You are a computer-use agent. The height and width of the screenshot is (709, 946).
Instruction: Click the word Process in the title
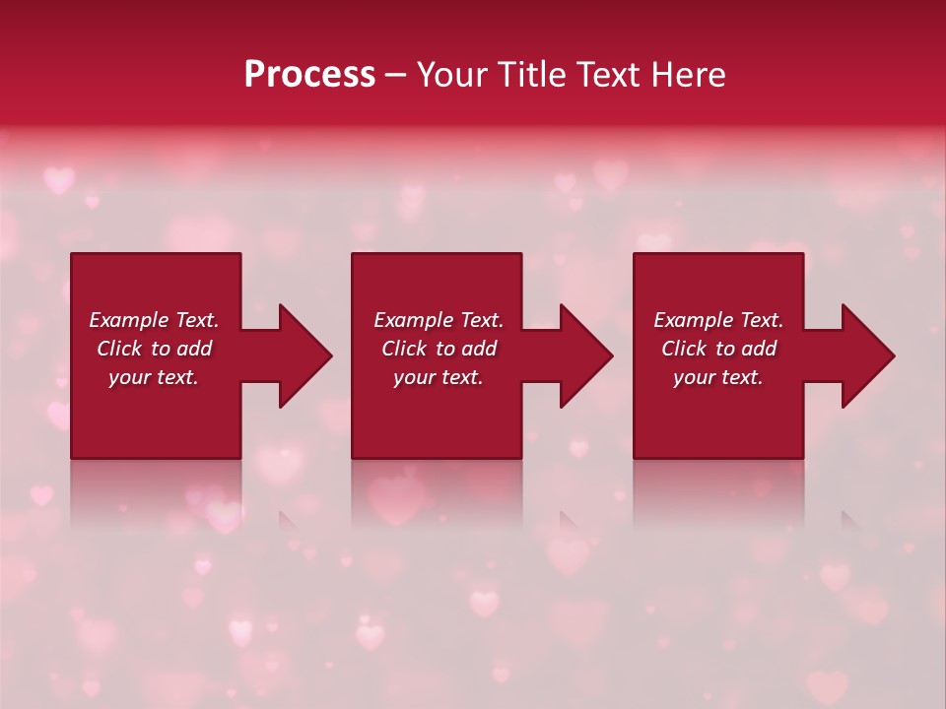point(309,75)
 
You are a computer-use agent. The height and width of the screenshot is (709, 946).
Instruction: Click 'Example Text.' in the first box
point(154,320)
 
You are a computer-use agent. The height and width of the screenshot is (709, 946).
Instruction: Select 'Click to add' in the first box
point(154,349)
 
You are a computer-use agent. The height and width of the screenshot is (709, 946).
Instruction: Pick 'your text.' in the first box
point(154,377)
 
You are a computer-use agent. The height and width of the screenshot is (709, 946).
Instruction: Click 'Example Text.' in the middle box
point(438,320)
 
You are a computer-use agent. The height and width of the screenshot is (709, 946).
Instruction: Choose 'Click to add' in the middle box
point(438,349)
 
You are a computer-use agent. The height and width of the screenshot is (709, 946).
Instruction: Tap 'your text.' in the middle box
point(438,377)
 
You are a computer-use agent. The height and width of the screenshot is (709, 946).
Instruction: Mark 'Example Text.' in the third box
point(718,320)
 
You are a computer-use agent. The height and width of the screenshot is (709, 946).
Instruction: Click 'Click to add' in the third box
point(718,349)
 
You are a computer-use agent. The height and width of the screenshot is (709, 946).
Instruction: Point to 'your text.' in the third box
point(718,377)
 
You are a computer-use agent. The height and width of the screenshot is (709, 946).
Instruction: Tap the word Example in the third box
point(693,320)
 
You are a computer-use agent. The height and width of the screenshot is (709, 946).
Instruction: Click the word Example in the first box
point(128,320)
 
